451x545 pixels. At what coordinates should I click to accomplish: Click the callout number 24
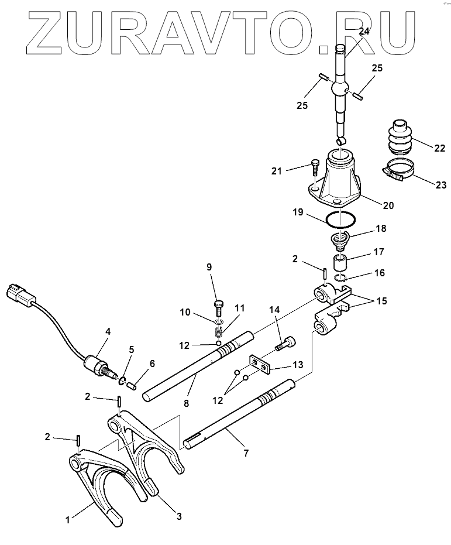[364, 31]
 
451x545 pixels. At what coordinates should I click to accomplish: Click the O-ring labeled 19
[340, 220]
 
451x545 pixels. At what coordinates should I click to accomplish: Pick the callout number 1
[68, 519]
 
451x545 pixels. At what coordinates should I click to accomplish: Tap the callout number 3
[179, 516]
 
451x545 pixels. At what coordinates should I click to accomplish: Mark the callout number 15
[381, 301]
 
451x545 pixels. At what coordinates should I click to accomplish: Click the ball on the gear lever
[341, 90]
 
